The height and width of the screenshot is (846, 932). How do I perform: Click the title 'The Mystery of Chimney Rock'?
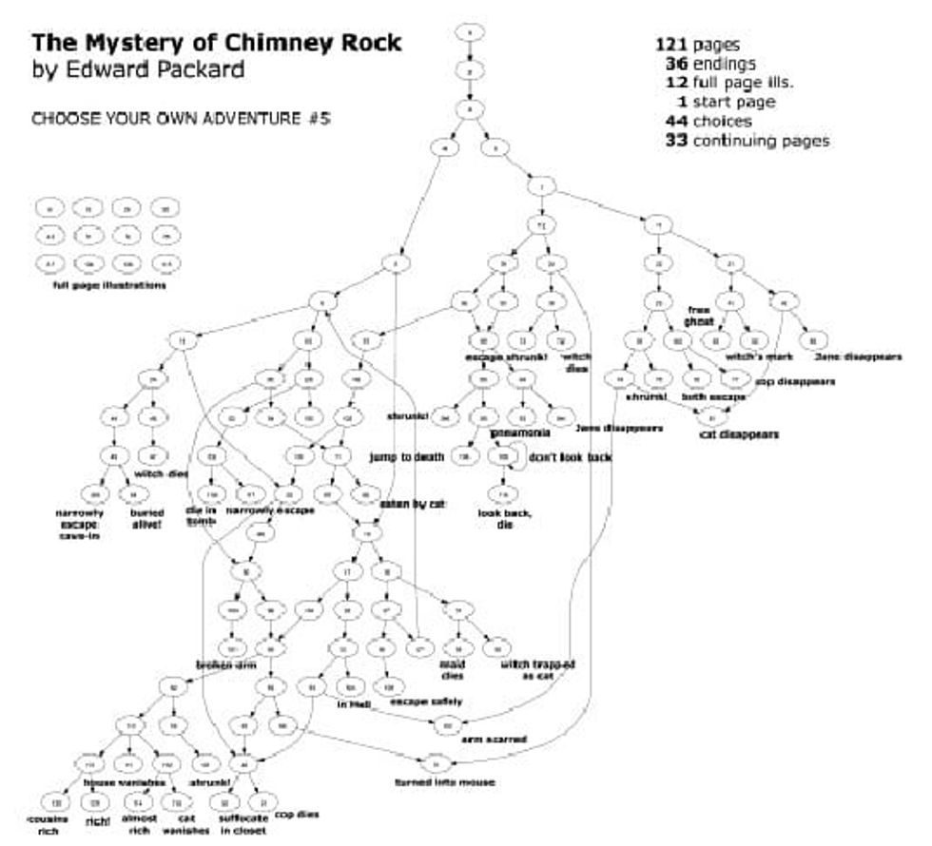[x=216, y=43]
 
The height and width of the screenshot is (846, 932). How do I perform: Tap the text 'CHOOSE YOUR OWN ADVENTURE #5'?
[x=181, y=121]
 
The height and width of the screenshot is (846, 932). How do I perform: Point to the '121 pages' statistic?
[x=697, y=45]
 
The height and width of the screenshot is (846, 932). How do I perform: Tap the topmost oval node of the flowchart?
[x=470, y=32]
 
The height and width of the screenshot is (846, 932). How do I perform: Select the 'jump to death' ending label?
[x=407, y=457]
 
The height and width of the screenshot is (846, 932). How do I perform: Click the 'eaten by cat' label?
[x=413, y=502]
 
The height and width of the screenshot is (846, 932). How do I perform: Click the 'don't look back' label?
[x=571, y=457]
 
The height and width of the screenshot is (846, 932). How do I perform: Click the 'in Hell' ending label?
[x=354, y=704]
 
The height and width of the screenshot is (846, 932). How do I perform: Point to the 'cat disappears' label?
[x=739, y=433]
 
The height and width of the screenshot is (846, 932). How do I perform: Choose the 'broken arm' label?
[x=227, y=664]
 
